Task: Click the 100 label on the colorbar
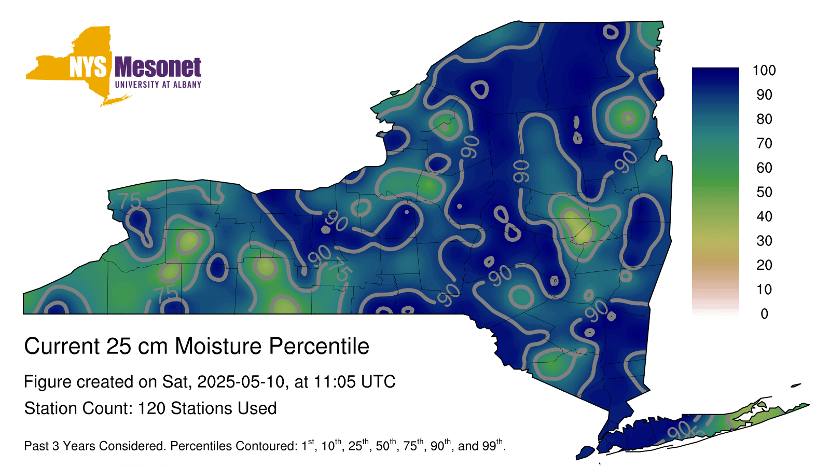pyautogui.click(x=764, y=70)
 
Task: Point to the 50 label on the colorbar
pyautogui.click(x=764, y=192)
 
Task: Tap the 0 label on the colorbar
pyautogui.click(x=765, y=314)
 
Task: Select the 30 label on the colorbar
pyautogui.click(x=764, y=241)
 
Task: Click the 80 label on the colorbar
pyautogui.click(x=764, y=119)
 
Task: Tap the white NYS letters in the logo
pyautogui.click(x=88, y=67)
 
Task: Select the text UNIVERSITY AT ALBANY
pyautogui.click(x=158, y=85)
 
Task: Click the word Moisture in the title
pyautogui.click(x=218, y=346)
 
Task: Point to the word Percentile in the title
pyautogui.click(x=319, y=346)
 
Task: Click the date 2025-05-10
pyautogui.click(x=241, y=382)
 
